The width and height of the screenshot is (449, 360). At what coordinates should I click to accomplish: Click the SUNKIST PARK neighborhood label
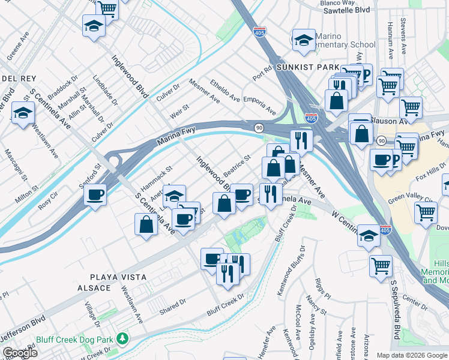[x=307, y=68]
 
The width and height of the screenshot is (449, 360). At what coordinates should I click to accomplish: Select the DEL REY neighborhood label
[x=19, y=79]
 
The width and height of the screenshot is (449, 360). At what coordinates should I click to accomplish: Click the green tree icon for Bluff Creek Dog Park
[x=122, y=340]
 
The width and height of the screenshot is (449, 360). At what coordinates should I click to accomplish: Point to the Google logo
[x=20, y=352]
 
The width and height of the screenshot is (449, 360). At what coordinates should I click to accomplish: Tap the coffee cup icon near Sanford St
[x=95, y=194]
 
